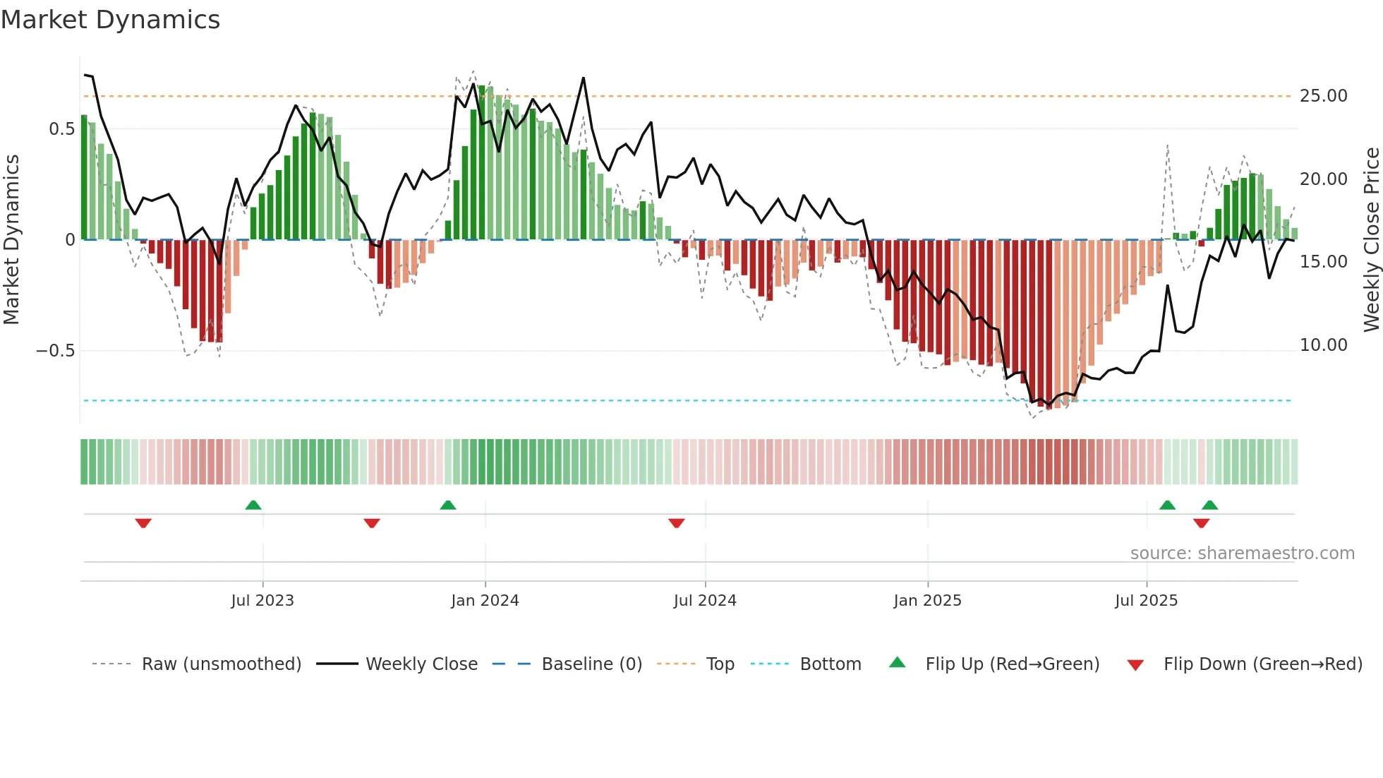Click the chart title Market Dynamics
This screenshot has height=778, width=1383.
click(111, 20)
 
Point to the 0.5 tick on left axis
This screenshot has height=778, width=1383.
click(61, 129)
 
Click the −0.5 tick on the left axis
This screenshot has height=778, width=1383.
click(55, 351)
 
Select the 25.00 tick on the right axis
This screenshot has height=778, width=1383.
click(1323, 96)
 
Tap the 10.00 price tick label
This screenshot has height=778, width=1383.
click(1323, 345)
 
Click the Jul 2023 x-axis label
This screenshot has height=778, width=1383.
click(262, 601)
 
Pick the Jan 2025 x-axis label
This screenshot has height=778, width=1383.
click(927, 601)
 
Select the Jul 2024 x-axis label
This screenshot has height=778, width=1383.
click(705, 601)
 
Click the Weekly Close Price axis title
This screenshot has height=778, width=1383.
click(1371, 239)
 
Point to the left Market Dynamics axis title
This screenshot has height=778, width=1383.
click(11, 239)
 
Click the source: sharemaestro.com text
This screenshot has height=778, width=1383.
click(1242, 553)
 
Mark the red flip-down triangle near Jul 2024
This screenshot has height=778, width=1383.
click(676, 523)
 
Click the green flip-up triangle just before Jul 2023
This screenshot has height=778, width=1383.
click(253, 505)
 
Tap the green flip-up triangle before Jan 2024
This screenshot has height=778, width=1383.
click(447, 505)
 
